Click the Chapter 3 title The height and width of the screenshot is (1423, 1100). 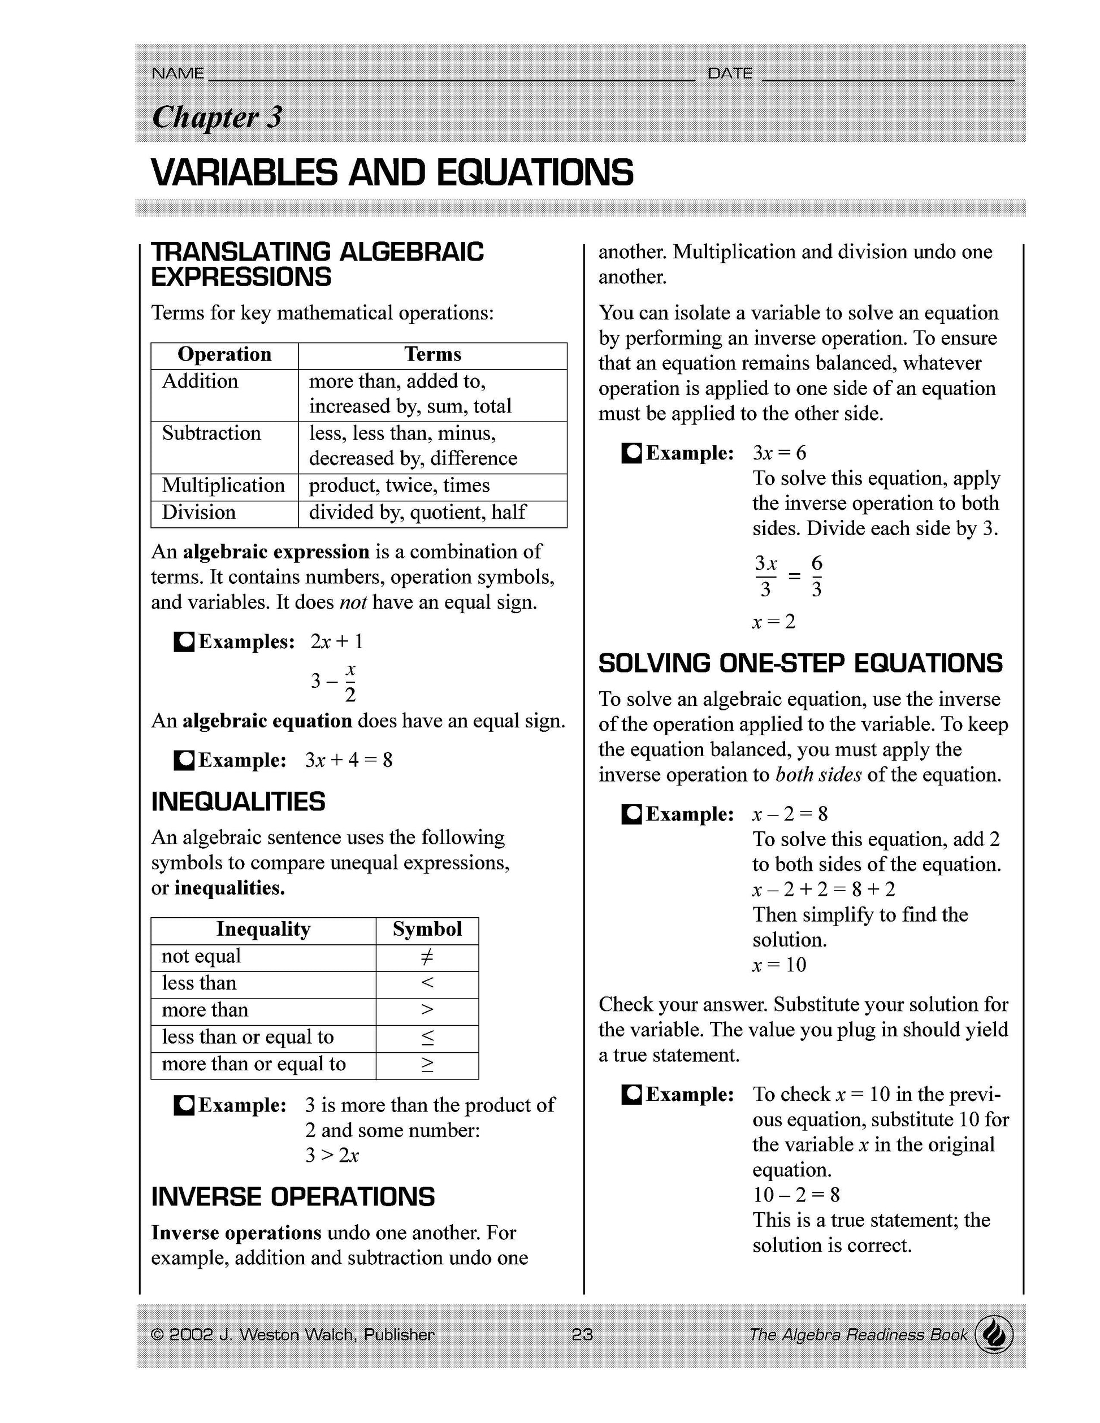coord(217,118)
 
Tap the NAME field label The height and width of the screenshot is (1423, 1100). coord(177,73)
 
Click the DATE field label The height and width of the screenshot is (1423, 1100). coord(730,73)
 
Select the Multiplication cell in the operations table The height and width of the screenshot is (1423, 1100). coord(223,485)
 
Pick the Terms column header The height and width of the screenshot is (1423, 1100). coord(432,354)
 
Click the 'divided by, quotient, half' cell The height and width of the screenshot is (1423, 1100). coord(417,512)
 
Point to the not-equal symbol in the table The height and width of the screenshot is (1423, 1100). coord(427,957)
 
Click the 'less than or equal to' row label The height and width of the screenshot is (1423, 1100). coord(248,1036)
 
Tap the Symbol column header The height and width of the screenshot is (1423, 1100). coord(427,929)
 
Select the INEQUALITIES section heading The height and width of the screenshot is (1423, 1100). coord(238,802)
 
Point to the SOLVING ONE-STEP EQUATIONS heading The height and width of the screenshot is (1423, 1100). coord(800,663)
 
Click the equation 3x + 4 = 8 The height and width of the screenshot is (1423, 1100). coord(349,760)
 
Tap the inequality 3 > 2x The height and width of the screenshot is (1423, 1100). coord(332,1155)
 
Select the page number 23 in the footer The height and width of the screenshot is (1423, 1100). coord(582,1335)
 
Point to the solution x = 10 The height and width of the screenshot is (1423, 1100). coord(779,965)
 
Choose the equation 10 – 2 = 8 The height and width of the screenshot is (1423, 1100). coord(796,1195)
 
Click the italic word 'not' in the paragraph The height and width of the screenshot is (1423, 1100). coord(353,602)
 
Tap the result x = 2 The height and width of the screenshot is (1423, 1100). coord(773,622)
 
